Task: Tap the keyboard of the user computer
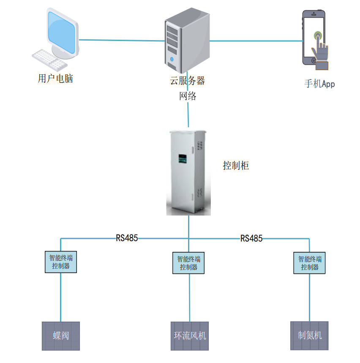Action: coord(49,60)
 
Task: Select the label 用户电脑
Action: coord(56,78)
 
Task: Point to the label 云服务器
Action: coord(188,81)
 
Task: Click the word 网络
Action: coord(188,96)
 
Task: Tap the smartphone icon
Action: coord(315,38)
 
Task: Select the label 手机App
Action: coord(319,84)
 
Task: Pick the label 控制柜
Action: coord(236,165)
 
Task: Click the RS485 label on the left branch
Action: coord(127,238)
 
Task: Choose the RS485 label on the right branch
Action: coord(251,238)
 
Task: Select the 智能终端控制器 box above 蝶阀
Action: coord(61,262)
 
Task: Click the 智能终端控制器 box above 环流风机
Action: coord(188,263)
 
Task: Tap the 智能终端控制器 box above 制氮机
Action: coord(310,263)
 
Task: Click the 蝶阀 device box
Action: coord(61,336)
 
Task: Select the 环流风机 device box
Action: coord(190,336)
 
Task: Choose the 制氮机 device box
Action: coord(310,335)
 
